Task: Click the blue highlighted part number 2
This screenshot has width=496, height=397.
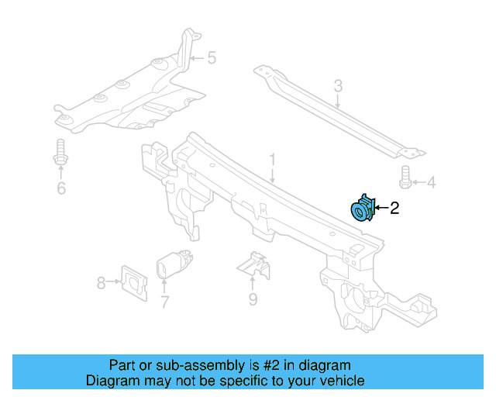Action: pos(362,209)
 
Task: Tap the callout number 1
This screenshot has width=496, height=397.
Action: pos(272,161)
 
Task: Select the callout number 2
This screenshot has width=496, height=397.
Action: pos(394,208)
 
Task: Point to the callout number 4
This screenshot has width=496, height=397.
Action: pos(431,183)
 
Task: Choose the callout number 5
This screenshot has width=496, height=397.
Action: pos(211,57)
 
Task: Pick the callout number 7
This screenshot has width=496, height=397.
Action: pos(164,302)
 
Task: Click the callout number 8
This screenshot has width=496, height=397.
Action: pos(101,284)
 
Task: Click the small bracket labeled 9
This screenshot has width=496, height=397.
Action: pos(254,265)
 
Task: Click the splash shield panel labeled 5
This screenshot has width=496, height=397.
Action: pos(132,101)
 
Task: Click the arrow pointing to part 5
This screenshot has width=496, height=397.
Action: pos(196,57)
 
